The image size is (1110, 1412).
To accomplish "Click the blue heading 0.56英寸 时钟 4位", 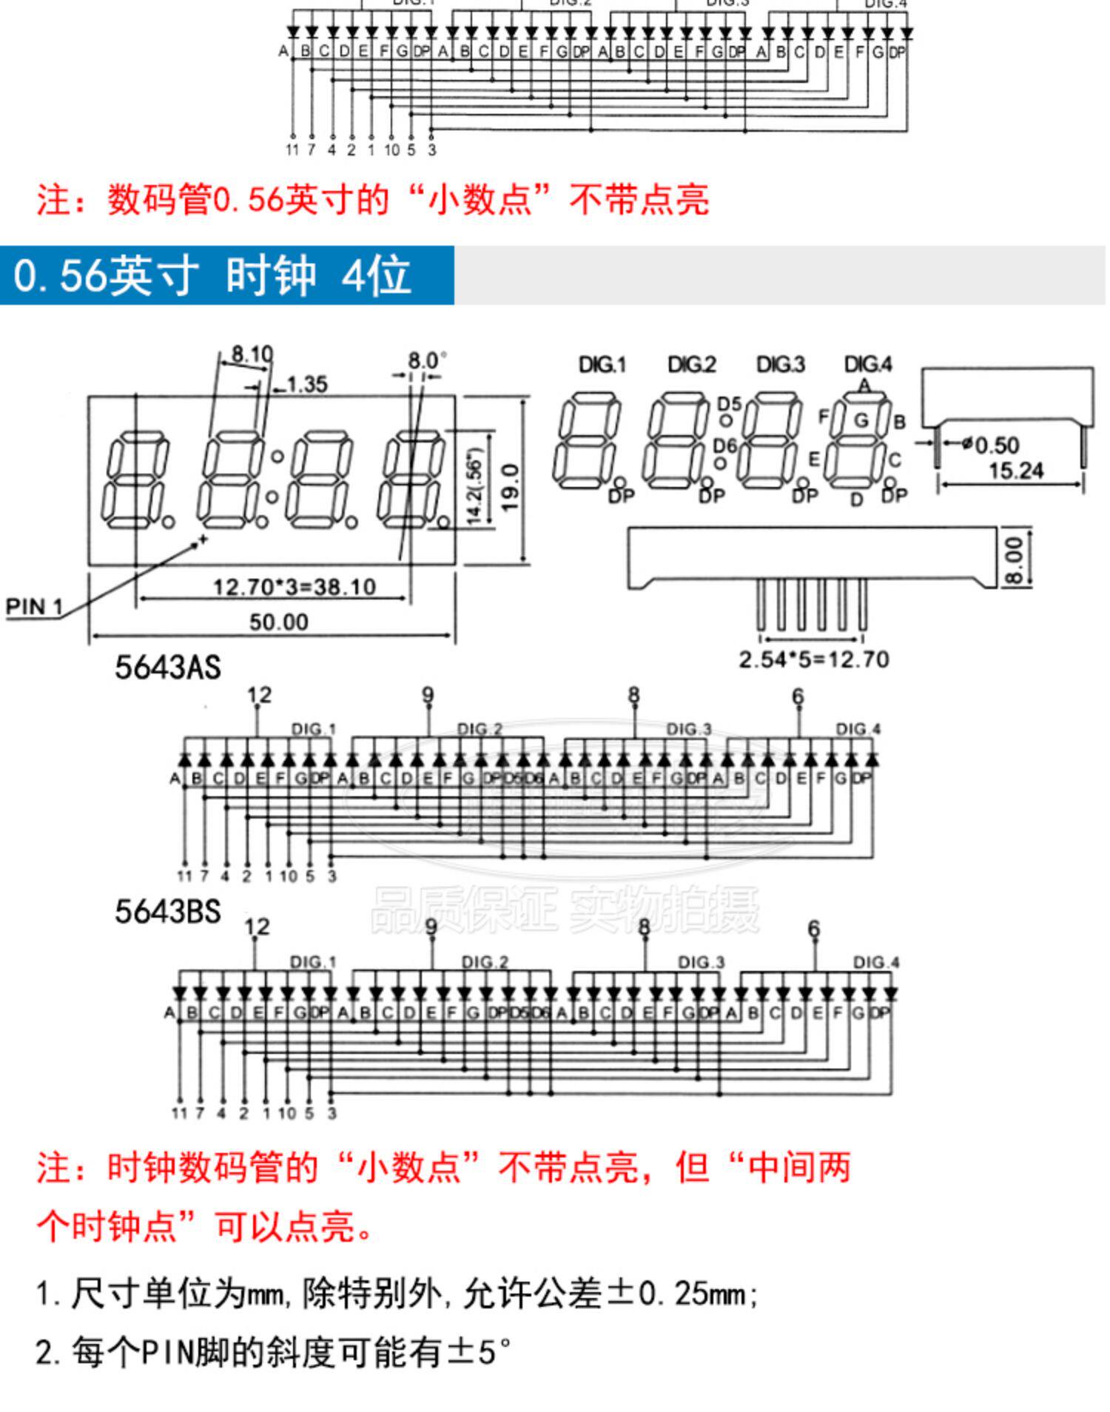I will click(x=212, y=275).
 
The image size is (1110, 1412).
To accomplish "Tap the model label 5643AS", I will click(x=168, y=668).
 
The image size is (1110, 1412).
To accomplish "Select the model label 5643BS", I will click(x=168, y=912).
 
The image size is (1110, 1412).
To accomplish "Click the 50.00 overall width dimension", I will click(x=278, y=622).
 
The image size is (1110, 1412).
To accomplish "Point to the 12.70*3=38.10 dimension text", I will click(x=295, y=588).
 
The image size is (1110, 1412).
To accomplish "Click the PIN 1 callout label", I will click(x=34, y=608).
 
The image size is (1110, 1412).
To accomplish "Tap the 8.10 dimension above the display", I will click(x=252, y=354).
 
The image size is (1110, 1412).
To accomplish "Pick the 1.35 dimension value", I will click(x=306, y=384).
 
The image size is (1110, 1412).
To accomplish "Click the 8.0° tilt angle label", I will click(x=427, y=361).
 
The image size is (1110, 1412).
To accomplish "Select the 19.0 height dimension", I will click(x=511, y=488).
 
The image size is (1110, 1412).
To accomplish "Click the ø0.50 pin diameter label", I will click(x=991, y=445).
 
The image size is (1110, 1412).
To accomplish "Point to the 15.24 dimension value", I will click(x=1016, y=471).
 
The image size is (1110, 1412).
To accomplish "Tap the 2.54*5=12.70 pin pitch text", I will click(x=814, y=659).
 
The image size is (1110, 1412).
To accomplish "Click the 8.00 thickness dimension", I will click(x=1016, y=560).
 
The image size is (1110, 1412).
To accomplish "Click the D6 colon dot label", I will click(x=725, y=446).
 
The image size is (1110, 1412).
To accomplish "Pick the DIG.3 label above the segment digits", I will click(x=781, y=365).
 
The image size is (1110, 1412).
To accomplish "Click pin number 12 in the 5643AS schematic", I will click(x=259, y=696).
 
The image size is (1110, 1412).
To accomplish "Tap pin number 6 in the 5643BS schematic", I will click(x=814, y=928).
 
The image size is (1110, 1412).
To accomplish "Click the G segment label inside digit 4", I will click(x=861, y=420).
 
